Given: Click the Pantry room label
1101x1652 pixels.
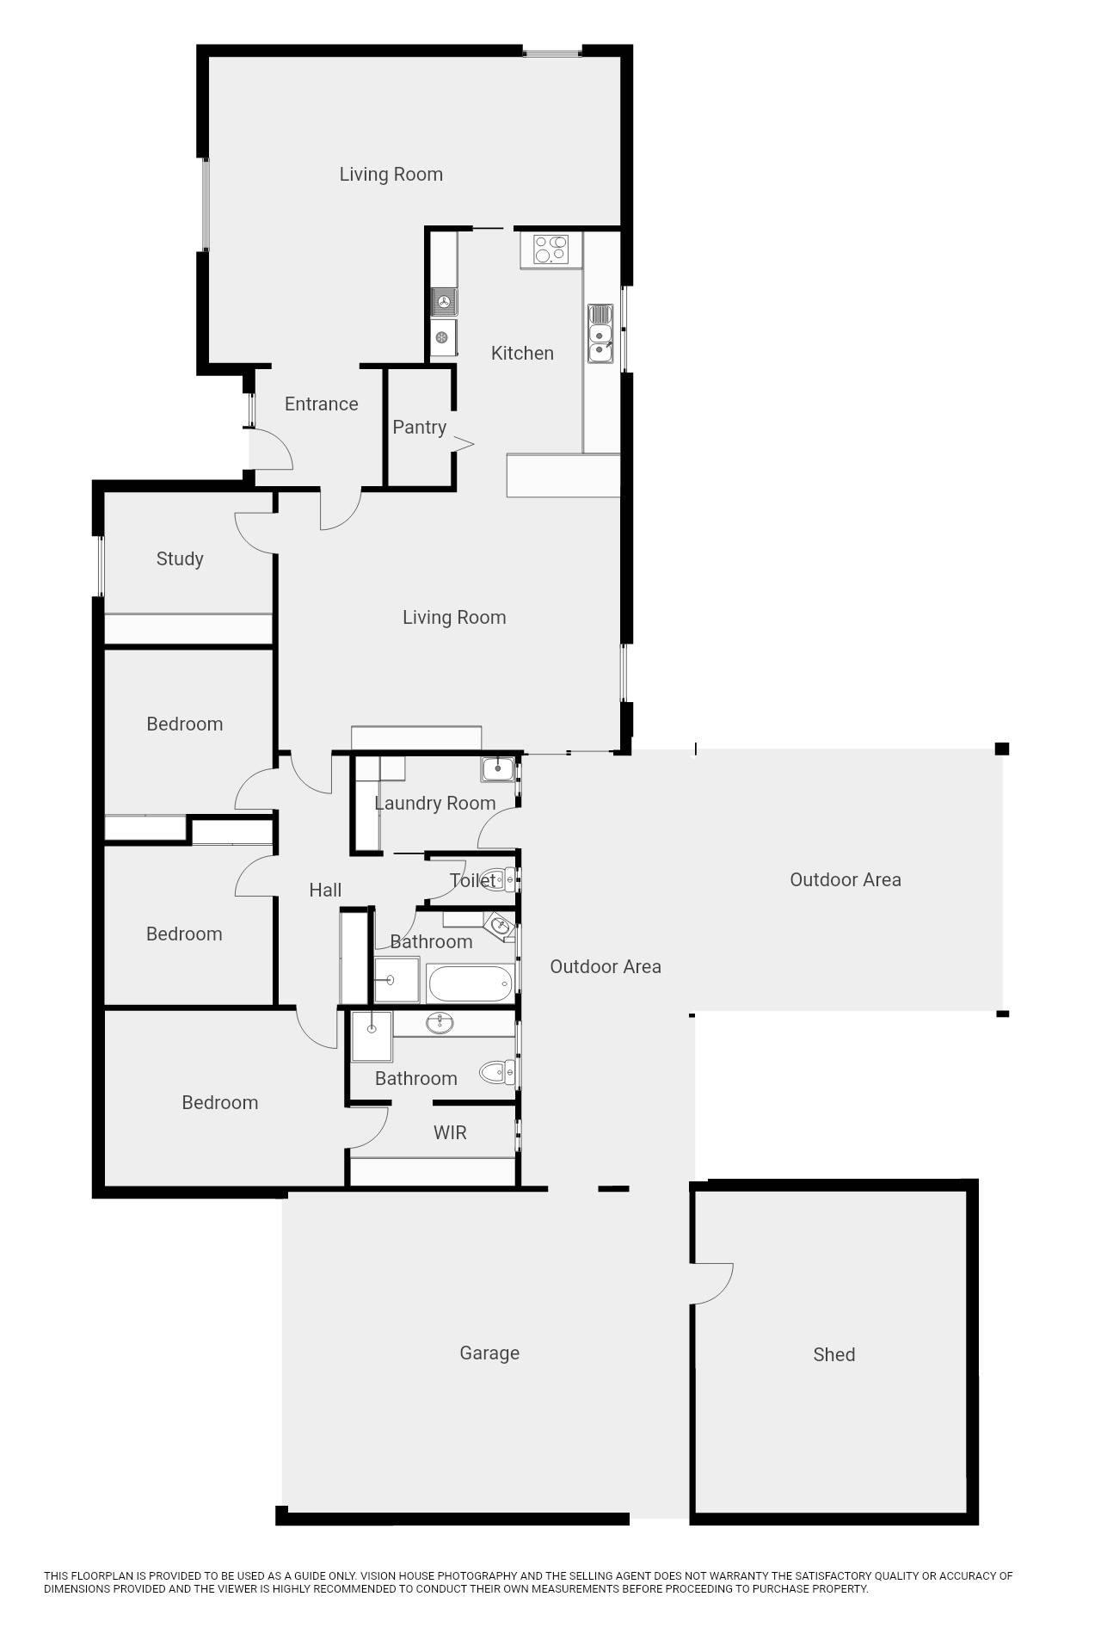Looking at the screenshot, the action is coord(419,428).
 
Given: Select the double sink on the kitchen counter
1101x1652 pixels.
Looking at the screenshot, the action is coord(600,333).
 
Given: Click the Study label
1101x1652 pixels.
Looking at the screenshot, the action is coord(180,559).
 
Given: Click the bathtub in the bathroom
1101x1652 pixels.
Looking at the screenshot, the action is coord(470,983).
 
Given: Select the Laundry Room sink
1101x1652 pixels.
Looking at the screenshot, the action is coord(497,768).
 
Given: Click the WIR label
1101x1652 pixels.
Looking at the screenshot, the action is coord(450,1132).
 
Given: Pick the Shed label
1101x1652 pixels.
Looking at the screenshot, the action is coord(833,1355).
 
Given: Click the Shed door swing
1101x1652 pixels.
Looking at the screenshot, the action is coord(712,1285).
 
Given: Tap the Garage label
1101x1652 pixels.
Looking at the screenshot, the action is coord(489,1353).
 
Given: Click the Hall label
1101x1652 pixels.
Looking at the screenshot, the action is coord(325,891).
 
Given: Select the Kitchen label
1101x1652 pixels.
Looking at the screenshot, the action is coord(522,353).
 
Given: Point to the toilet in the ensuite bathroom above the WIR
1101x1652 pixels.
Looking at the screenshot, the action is coord(497,1072).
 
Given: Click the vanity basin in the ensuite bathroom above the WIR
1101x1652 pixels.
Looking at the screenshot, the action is coord(440,1023).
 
